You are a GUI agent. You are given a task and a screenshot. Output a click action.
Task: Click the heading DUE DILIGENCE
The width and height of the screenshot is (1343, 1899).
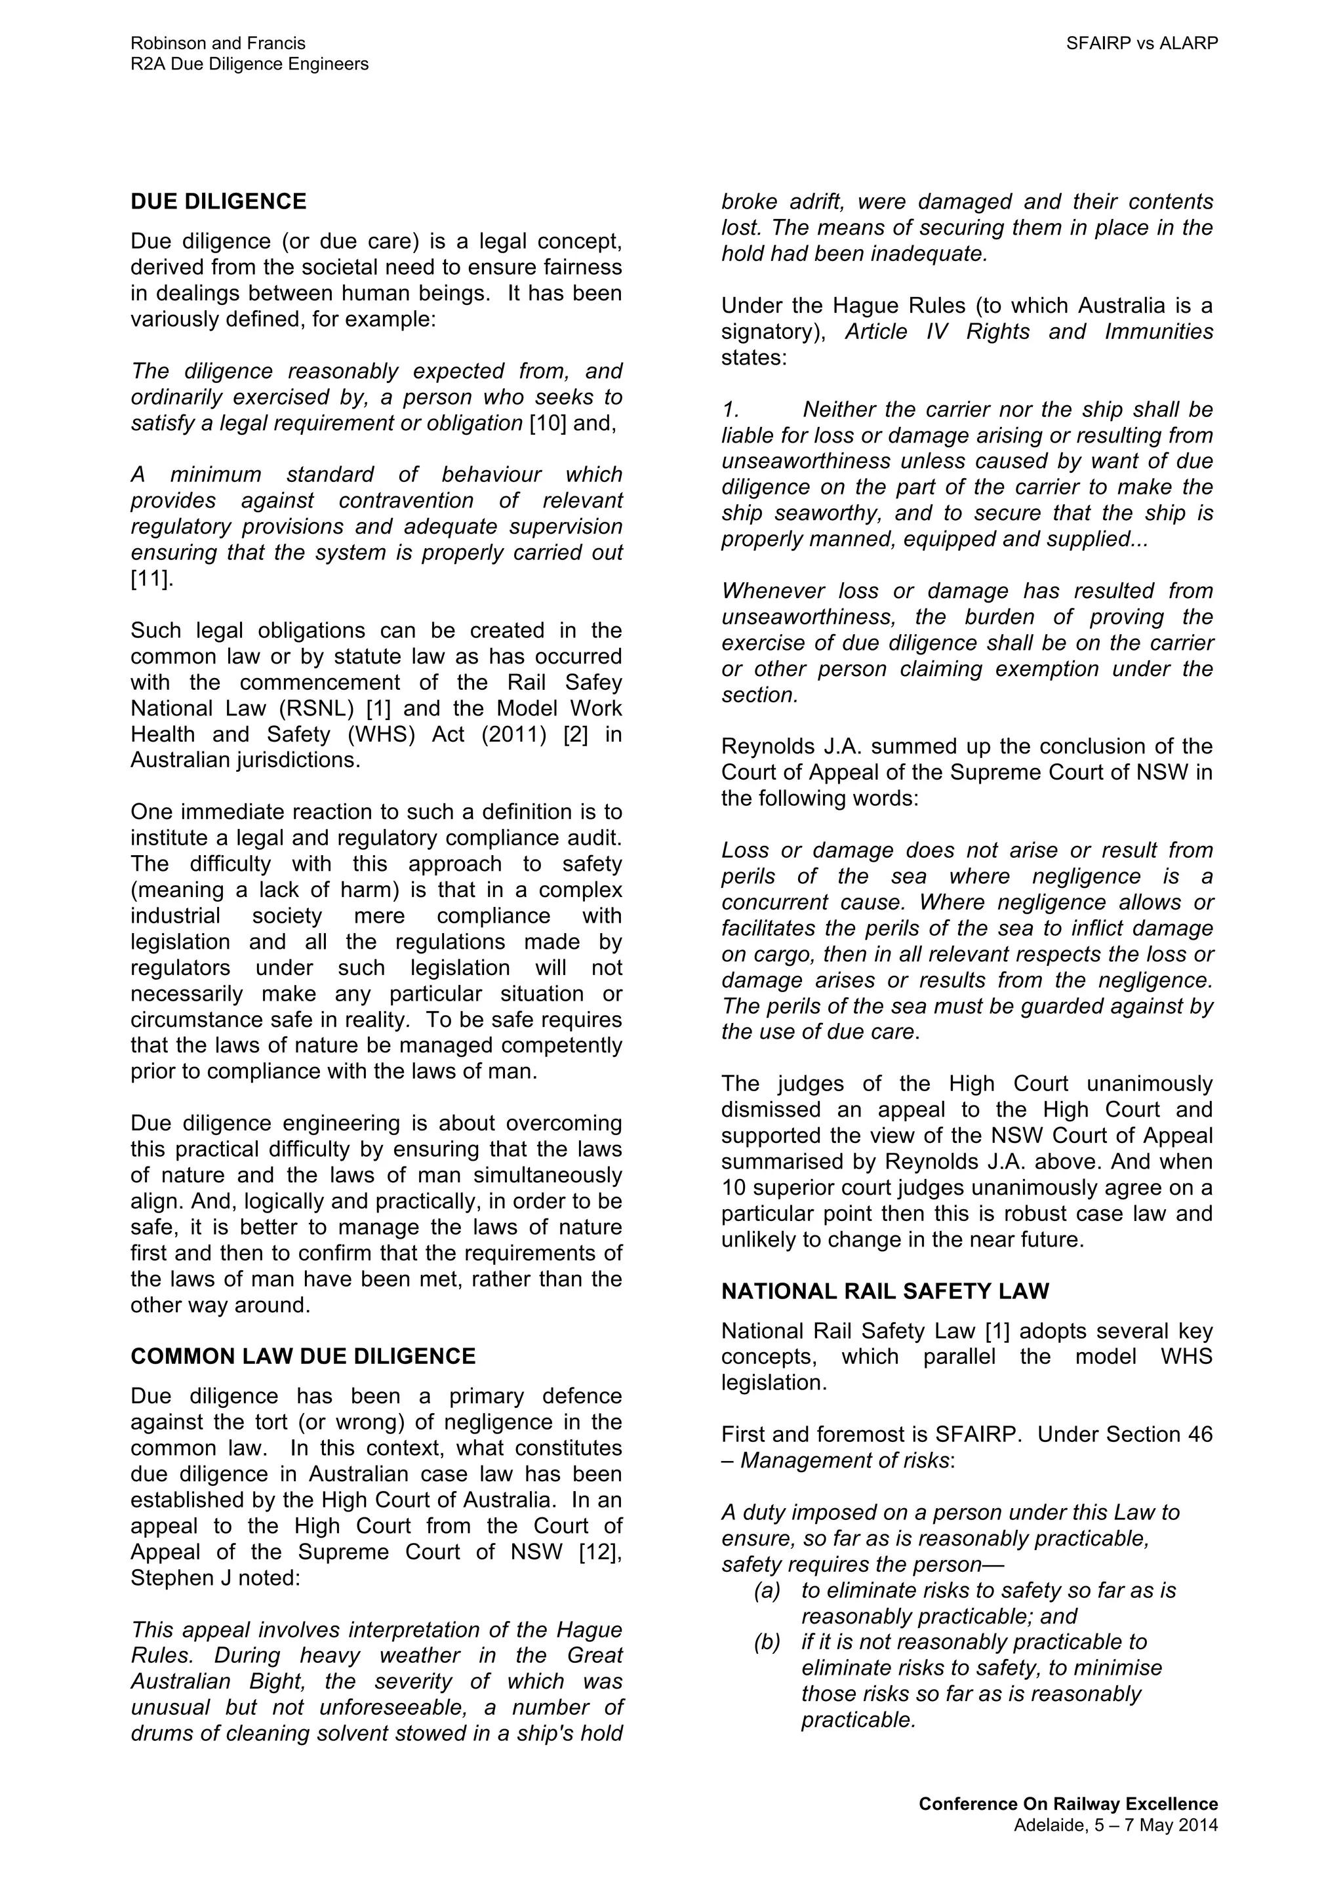pos(218,202)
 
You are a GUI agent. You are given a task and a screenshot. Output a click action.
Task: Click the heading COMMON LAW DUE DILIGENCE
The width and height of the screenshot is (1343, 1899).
pos(303,1357)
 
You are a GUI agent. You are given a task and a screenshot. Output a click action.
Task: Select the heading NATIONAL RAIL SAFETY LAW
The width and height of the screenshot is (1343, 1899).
pos(885,1291)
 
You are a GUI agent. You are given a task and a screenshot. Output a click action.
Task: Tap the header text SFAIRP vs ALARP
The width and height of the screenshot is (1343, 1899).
pos(1141,44)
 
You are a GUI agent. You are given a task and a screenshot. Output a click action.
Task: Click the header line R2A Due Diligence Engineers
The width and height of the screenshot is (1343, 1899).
pos(249,64)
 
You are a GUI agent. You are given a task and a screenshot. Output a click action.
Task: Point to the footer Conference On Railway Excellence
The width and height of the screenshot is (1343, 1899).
pos(1068,1804)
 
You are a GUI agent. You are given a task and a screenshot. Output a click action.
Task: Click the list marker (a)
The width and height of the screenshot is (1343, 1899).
pos(767,1591)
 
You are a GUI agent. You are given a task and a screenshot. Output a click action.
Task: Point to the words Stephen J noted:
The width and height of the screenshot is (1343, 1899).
pos(214,1578)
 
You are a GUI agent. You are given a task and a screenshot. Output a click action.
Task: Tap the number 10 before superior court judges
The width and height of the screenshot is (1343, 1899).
pos(734,1188)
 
